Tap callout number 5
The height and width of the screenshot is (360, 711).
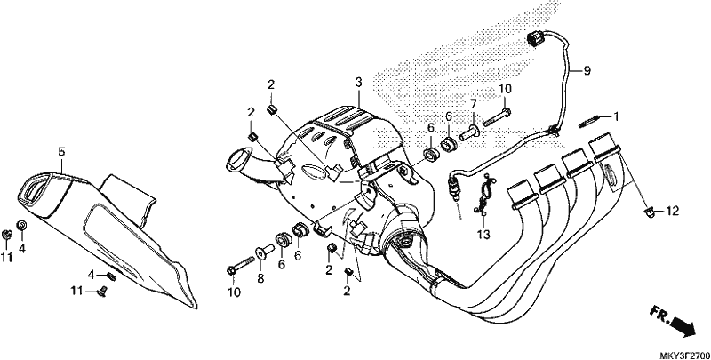click(61, 152)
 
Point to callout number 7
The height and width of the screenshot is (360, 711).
click(474, 104)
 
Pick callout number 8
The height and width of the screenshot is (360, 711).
click(260, 278)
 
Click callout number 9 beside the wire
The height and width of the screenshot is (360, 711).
click(585, 68)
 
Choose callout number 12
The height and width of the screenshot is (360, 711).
click(672, 211)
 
